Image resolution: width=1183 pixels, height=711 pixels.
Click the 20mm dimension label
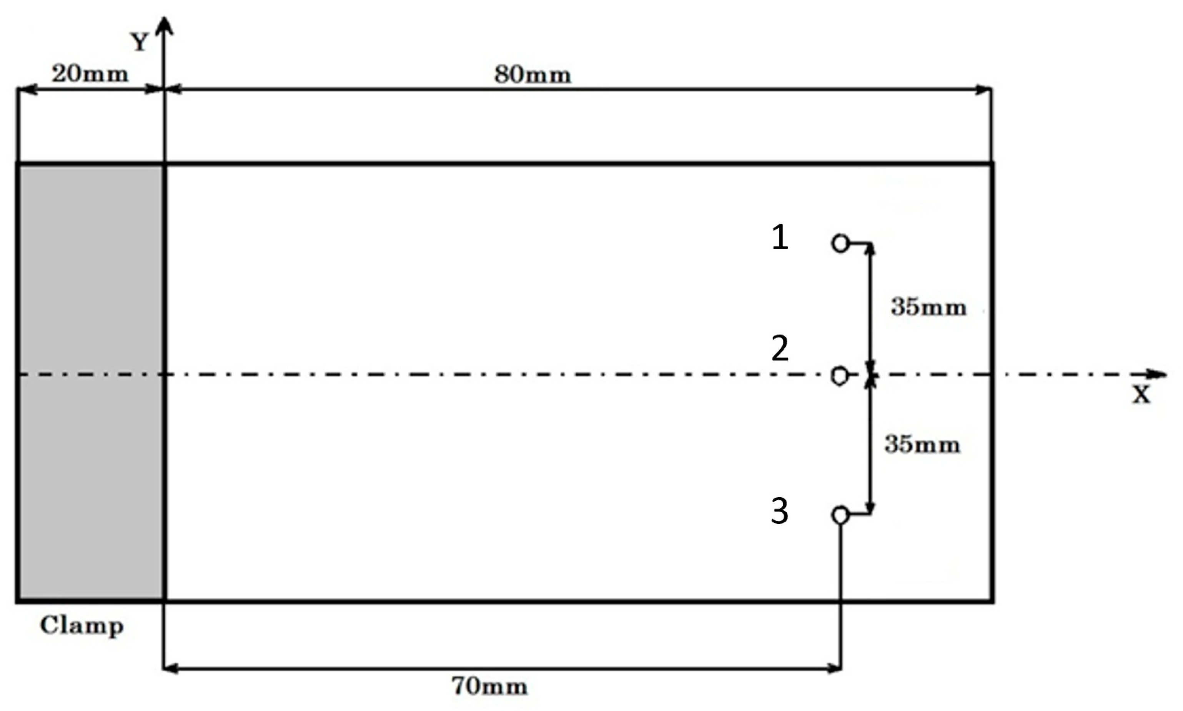pyautogui.click(x=90, y=74)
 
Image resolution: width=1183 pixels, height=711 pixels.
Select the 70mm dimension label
pyautogui.click(x=490, y=686)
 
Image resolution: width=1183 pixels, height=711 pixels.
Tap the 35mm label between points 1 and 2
pyautogui.click(x=928, y=307)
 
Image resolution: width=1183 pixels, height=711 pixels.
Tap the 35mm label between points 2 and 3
pyautogui.click(x=922, y=444)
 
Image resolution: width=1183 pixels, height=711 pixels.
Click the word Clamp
pyautogui.click(x=82, y=626)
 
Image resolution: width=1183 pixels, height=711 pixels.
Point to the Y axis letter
pyautogui.click(x=140, y=43)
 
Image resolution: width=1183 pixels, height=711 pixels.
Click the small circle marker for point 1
pyautogui.click(x=839, y=243)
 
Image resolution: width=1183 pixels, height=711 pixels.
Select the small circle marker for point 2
pyautogui.click(x=839, y=375)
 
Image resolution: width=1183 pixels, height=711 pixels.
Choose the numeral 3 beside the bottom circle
pyautogui.click(x=780, y=511)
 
